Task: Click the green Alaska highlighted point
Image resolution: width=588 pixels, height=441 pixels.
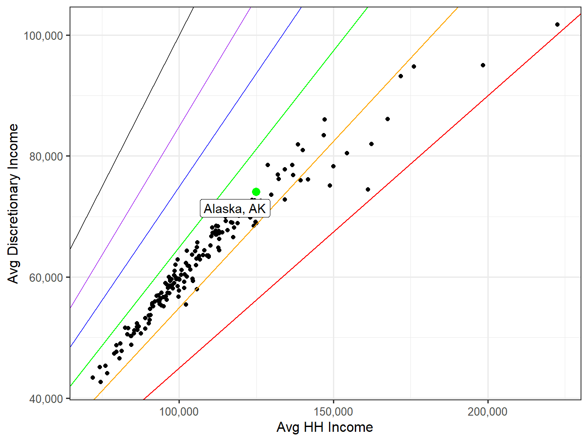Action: pos(256,192)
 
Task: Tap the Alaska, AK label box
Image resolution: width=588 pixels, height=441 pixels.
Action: pos(234,209)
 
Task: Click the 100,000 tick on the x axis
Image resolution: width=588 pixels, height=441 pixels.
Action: pos(179,412)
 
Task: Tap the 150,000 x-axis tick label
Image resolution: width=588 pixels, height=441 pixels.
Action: pos(333,412)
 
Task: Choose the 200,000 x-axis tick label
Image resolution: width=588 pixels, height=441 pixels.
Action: pos(487,412)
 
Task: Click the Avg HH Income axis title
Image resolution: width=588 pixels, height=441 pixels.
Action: pos(325,427)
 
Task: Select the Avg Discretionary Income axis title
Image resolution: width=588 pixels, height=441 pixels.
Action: pos(14,203)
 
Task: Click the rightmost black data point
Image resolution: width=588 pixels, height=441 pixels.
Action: pos(557,24)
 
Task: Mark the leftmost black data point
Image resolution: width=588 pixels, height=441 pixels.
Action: pos(93,378)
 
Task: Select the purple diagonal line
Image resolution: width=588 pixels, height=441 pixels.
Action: pos(175,131)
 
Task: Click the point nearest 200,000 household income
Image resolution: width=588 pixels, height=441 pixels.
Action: pos(483,65)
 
